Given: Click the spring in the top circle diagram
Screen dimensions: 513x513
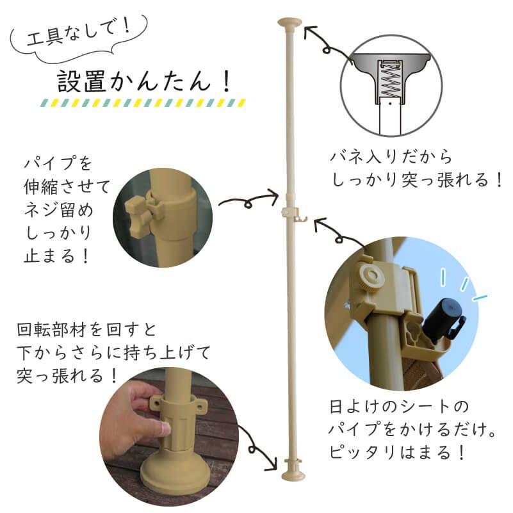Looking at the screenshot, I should [391, 77].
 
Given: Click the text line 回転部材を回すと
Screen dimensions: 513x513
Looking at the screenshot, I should [86, 332].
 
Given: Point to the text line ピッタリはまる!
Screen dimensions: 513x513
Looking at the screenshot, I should [398, 453].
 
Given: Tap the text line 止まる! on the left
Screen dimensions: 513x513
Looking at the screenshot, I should [58, 256].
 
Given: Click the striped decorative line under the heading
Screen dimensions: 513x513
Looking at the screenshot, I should [143, 102].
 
